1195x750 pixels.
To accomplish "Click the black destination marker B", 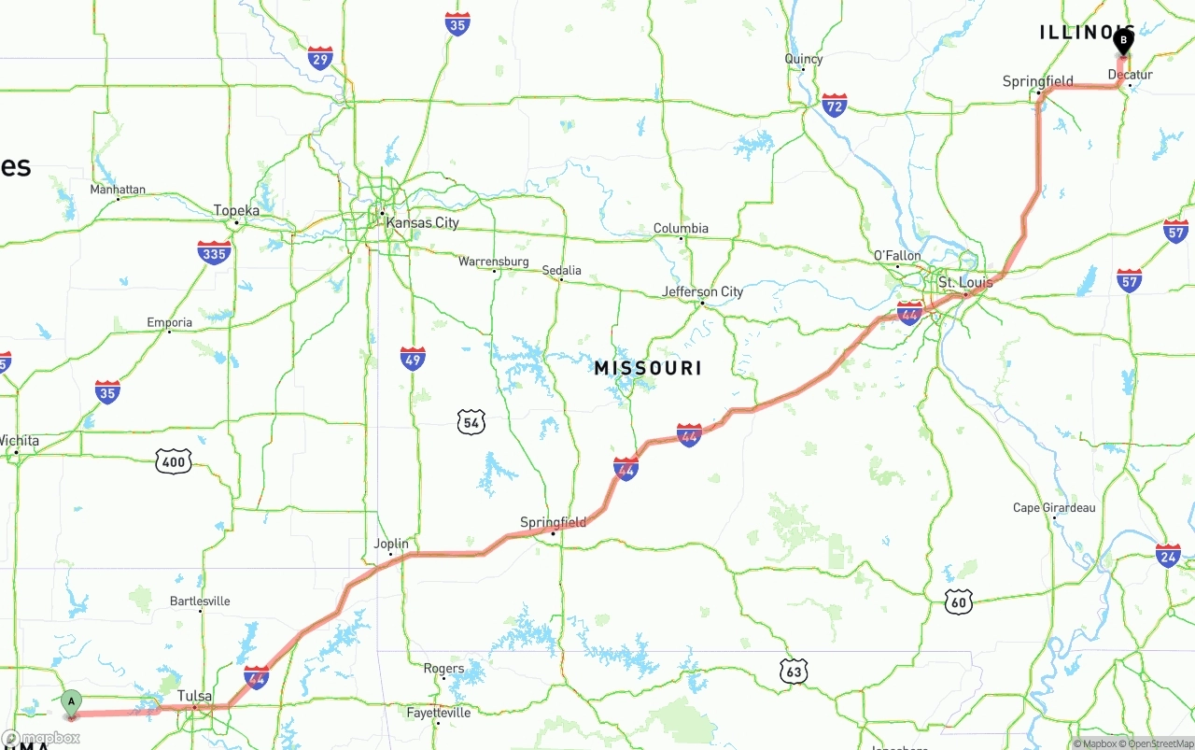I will click(1123, 41).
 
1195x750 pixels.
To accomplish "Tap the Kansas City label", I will click(423, 223).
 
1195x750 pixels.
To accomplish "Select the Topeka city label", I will click(236, 211).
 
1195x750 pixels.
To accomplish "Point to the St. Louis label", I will click(964, 282).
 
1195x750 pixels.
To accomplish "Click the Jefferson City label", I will click(702, 291).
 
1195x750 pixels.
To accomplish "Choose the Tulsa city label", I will click(195, 697).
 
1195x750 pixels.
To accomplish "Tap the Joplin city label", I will click(391, 544).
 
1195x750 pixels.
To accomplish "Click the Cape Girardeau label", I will click(1054, 508).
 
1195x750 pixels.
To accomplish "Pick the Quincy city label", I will click(803, 59).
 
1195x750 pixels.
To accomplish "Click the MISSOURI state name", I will click(648, 369).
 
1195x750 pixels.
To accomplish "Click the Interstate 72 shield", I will click(834, 105).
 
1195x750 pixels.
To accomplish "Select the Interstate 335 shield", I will click(214, 252).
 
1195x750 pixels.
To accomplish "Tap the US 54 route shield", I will click(471, 423).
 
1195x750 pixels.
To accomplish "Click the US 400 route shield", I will click(174, 460).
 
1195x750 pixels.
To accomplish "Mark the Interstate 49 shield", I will click(413, 359).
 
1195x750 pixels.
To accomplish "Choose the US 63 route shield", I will click(794, 671).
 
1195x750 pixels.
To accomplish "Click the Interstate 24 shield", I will click(1168, 555).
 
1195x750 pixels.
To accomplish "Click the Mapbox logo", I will click(41, 738).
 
